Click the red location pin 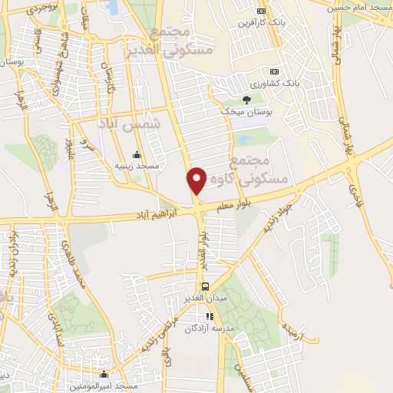coord(196,180)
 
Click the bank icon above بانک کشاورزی coord(275,71)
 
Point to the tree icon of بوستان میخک coord(246,100)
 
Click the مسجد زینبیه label coord(137,165)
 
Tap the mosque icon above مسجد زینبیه coord(137,154)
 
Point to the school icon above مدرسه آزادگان coord(208,316)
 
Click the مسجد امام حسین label coord(359,7)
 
